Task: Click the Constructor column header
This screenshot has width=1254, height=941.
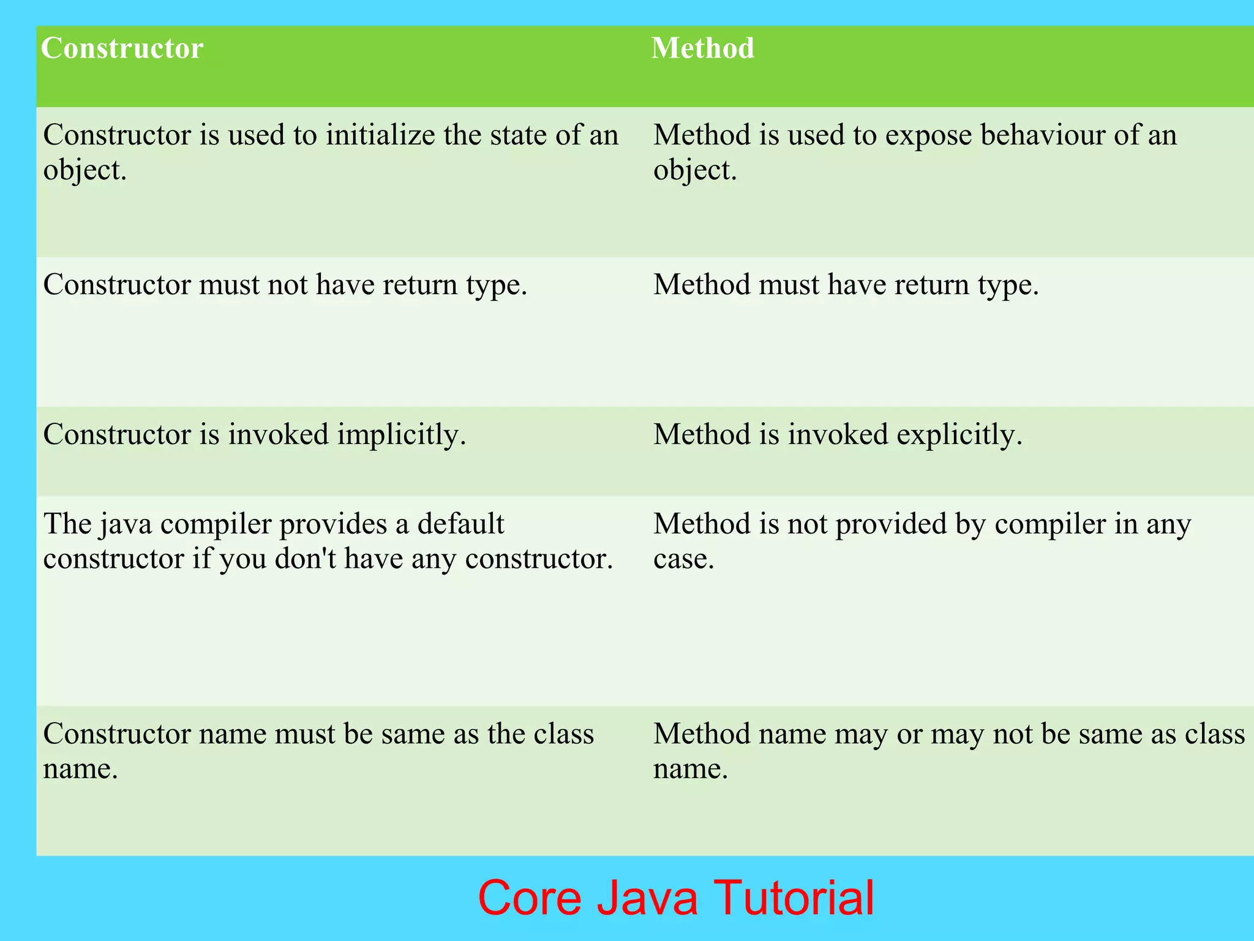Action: point(122,48)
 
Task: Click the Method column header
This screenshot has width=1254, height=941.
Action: point(702,48)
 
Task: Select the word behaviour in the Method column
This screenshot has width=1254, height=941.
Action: point(1042,135)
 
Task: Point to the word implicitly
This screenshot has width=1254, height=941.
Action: point(401,435)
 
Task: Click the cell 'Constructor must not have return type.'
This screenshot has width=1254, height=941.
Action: point(285,285)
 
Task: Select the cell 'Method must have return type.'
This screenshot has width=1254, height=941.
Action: point(846,285)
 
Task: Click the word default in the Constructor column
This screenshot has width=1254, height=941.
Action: point(460,524)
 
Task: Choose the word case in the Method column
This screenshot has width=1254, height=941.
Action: point(683,559)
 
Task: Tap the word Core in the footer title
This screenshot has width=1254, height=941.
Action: point(530,898)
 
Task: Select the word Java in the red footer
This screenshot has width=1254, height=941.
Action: point(647,898)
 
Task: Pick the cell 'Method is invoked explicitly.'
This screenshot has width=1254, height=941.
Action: point(838,435)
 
